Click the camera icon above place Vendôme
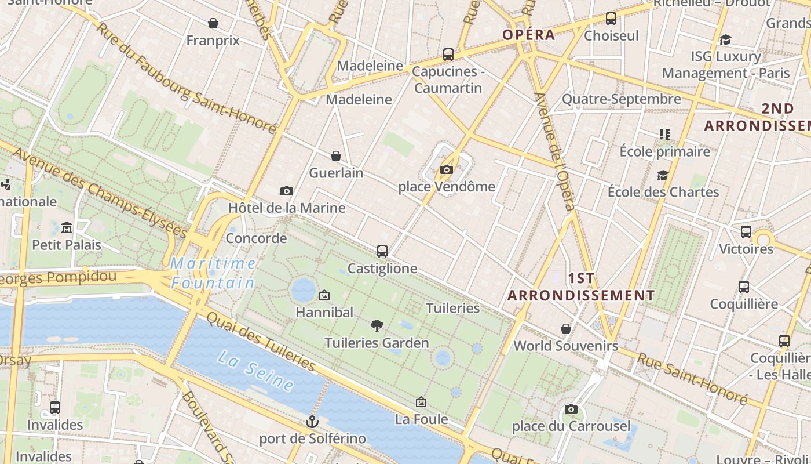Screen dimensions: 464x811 pyautogui.click(x=446, y=169)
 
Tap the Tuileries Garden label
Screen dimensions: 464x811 pyautogui.click(x=377, y=343)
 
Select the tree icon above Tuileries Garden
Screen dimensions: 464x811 pyautogui.click(x=377, y=325)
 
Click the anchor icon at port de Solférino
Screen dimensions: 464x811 pyautogui.click(x=313, y=421)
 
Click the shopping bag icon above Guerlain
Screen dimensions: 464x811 pyautogui.click(x=336, y=155)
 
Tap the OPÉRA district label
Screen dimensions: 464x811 pyautogui.click(x=528, y=35)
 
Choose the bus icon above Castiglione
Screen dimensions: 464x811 pyautogui.click(x=382, y=251)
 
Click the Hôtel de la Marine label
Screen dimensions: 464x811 pyautogui.click(x=287, y=208)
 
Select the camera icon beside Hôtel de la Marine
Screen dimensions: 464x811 pyautogui.click(x=286, y=191)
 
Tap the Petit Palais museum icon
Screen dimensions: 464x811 pyautogui.click(x=67, y=227)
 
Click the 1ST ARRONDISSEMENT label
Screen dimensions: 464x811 pyautogui.click(x=581, y=287)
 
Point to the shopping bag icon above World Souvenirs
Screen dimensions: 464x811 pyautogui.click(x=566, y=329)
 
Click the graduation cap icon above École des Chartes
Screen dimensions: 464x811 pyautogui.click(x=663, y=175)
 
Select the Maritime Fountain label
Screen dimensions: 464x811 pyautogui.click(x=213, y=273)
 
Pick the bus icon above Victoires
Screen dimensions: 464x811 pyautogui.click(x=746, y=231)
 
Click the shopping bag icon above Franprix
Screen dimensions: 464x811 pyautogui.click(x=213, y=23)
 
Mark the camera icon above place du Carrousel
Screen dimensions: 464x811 pyautogui.click(x=571, y=409)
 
